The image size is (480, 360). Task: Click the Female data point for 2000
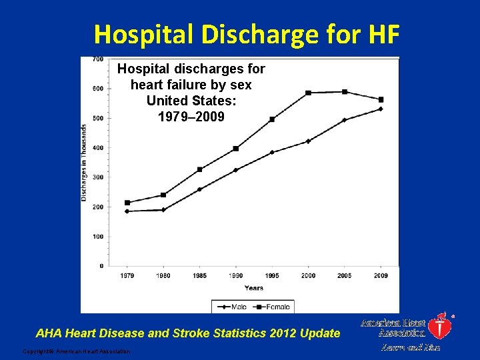click(x=308, y=93)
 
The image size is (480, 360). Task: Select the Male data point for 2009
click(x=381, y=109)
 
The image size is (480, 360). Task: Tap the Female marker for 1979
click(x=127, y=203)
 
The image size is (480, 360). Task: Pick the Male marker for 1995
click(x=272, y=152)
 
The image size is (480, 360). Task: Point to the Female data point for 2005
click(x=345, y=91)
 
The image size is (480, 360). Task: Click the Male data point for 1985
click(x=199, y=189)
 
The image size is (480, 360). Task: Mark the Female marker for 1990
click(x=236, y=149)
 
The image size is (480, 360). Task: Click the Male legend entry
click(x=232, y=307)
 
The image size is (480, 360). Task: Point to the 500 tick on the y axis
click(x=97, y=118)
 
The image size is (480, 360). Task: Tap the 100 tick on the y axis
click(x=97, y=237)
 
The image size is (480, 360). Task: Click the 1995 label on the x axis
click(x=272, y=275)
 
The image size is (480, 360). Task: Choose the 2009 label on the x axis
click(x=381, y=275)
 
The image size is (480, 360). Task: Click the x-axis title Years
click(x=253, y=288)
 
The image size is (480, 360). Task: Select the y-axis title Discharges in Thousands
click(x=85, y=162)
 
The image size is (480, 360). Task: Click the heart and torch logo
click(x=440, y=325)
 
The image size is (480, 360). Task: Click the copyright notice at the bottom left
click(x=77, y=351)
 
